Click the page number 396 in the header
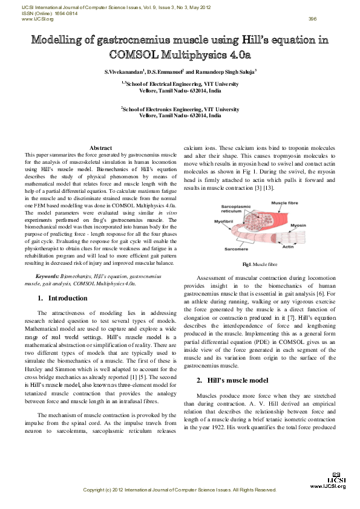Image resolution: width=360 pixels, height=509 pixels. tap(312, 19)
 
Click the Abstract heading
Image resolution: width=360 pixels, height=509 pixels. tap(100, 148)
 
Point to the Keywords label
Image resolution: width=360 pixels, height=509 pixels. tap(47, 276)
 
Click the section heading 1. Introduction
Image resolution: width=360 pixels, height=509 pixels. tap(62, 298)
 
